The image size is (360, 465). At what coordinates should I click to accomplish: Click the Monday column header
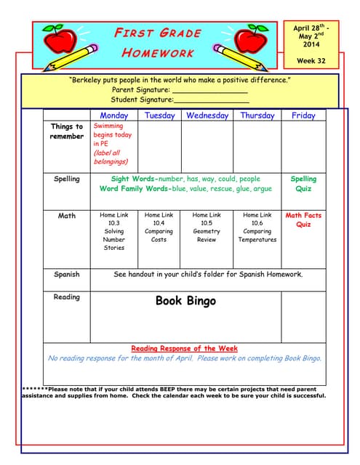coord(113,116)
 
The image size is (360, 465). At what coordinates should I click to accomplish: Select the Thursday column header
coord(257,116)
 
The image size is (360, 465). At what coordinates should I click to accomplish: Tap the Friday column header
coord(303,116)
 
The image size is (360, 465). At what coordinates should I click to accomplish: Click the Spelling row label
coord(67,179)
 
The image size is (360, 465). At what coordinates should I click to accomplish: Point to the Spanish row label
coord(67,275)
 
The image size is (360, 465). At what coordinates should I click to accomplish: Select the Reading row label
coord(67,296)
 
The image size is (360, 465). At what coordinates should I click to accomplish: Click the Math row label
coord(67,216)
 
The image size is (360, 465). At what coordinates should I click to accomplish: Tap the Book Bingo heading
coord(185,301)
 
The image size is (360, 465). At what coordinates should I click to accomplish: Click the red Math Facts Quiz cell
coord(303,220)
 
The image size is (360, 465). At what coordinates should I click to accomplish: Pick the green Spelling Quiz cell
coord(303,183)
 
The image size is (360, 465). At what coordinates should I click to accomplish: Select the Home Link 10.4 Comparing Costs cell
coord(159,227)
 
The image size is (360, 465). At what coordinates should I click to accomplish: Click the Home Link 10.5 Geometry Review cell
coord(207,227)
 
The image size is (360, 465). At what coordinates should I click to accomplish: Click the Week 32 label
coord(311,61)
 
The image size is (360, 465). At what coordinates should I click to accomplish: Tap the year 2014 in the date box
coord(311,45)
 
